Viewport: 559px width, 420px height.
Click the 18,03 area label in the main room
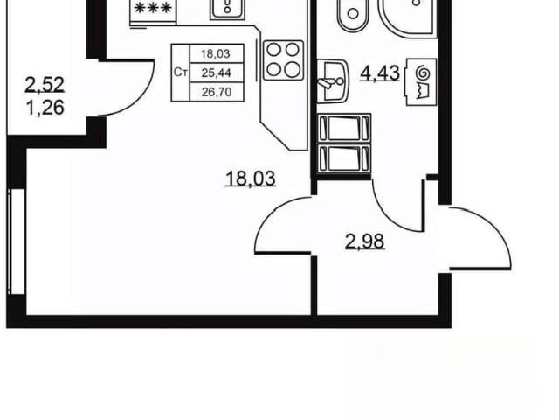251,178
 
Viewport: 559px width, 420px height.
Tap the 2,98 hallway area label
365,241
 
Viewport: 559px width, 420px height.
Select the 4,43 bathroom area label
380,73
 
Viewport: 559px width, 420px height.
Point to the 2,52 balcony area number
45,85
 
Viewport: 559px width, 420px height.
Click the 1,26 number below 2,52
45,107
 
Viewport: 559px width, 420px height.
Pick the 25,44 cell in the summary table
217,73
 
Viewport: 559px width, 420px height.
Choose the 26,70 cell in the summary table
217,92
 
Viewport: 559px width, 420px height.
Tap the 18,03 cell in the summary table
216,54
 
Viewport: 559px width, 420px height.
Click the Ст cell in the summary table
181,73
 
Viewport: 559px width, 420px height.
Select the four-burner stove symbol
283,60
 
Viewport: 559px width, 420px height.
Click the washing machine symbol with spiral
421,81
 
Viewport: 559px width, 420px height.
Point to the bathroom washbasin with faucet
332,81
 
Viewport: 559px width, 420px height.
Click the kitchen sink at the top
227,10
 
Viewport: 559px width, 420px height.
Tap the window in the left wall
16,241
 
